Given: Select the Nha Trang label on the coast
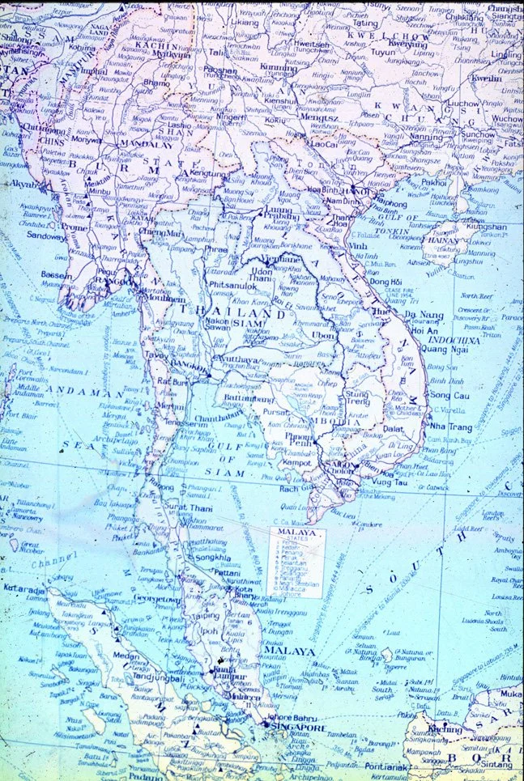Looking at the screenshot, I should tap(450, 427).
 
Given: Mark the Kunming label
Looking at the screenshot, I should tap(280, 68).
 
